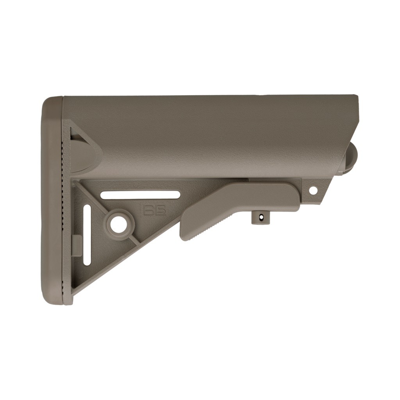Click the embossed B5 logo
point(153,209)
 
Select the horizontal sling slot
point(140,194)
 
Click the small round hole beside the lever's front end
point(313,191)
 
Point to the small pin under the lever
point(259,217)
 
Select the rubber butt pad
point(52,199)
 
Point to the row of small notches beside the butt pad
point(64,195)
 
